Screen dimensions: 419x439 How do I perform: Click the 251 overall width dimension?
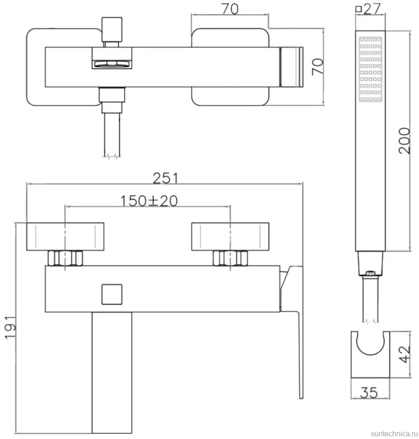point(166,178)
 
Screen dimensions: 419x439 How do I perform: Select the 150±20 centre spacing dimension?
point(149,201)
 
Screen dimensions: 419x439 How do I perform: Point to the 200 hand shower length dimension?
point(404,141)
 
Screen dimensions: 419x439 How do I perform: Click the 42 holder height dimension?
point(404,354)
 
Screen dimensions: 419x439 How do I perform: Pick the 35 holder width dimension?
point(369,392)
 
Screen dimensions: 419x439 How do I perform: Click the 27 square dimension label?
point(368,9)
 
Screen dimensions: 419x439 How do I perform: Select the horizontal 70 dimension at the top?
point(230,9)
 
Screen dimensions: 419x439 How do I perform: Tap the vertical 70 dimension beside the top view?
point(317,67)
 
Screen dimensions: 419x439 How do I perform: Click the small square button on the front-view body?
point(112,294)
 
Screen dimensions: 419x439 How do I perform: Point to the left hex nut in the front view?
point(65,258)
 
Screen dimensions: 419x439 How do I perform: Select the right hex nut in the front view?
point(230,258)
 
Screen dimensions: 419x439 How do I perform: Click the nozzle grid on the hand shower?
point(370,69)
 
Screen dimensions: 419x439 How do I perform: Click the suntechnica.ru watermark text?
point(394,434)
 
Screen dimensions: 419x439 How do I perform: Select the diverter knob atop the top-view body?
point(112,29)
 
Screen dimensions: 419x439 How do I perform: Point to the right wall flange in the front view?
point(230,237)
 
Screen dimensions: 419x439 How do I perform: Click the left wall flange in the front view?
point(65,237)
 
